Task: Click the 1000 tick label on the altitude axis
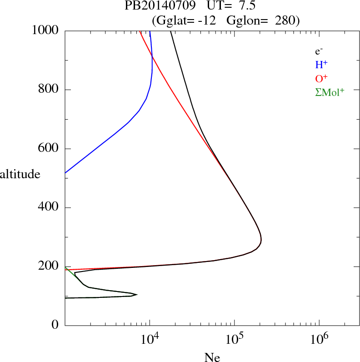[45, 31]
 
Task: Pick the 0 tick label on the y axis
[55, 325]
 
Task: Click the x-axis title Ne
[212, 357]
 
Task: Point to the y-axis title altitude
[20, 174]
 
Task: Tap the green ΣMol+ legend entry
[330, 92]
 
